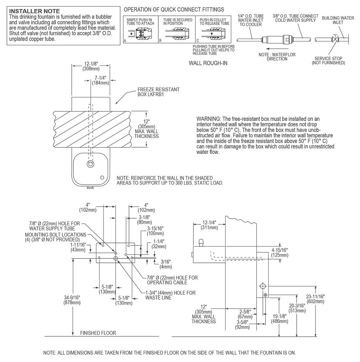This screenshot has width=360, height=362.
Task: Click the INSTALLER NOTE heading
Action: (34, 11)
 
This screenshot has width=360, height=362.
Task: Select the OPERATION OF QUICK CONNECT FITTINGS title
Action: (174, 9)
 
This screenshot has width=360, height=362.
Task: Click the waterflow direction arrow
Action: (277, 49)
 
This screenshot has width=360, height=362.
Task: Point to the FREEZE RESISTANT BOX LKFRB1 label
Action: (158, 92)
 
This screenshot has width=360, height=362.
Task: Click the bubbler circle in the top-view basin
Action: (90, 164)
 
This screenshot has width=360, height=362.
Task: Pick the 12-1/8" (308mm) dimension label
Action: (91, 66)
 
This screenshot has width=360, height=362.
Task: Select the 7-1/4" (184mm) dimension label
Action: (100, 80)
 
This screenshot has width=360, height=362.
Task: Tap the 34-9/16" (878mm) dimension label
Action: (72, 300)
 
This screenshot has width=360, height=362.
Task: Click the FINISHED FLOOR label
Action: (98, 333)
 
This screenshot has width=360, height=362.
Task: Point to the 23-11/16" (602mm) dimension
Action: (315, 299)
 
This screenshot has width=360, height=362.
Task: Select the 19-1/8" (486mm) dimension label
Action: (279, 319)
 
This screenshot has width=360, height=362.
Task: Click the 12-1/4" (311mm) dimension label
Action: (209, 225)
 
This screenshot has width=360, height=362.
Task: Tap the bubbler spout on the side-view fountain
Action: (201, 243)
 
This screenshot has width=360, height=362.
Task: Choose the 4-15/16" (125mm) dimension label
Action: (280, 253)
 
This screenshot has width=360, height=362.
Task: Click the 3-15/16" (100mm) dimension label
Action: (155, 231)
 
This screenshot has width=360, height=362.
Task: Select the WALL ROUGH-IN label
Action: (208, 63)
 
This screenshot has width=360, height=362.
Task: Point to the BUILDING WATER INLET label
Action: (338, 20)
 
